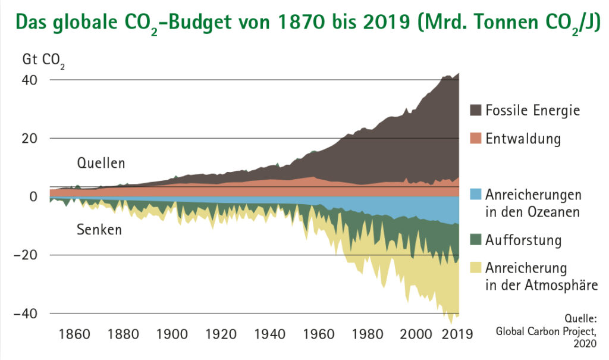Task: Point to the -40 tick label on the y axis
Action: (x=28, y=314)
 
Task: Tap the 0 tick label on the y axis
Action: (x=33, y=197)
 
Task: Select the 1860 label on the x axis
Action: (x=75, y=334)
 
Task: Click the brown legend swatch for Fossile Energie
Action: (x=475, y=111)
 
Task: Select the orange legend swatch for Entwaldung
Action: (x=475, y=139)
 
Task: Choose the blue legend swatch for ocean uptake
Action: (x=475, y=195)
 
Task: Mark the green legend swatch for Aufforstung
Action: (x=475, y=240)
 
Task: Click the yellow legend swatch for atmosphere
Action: (x=475, y=267)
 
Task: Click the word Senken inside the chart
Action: (x=99, y=229)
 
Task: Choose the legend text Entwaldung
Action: (x=523, y=139)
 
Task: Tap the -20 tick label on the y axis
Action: (x=28, y=255)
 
